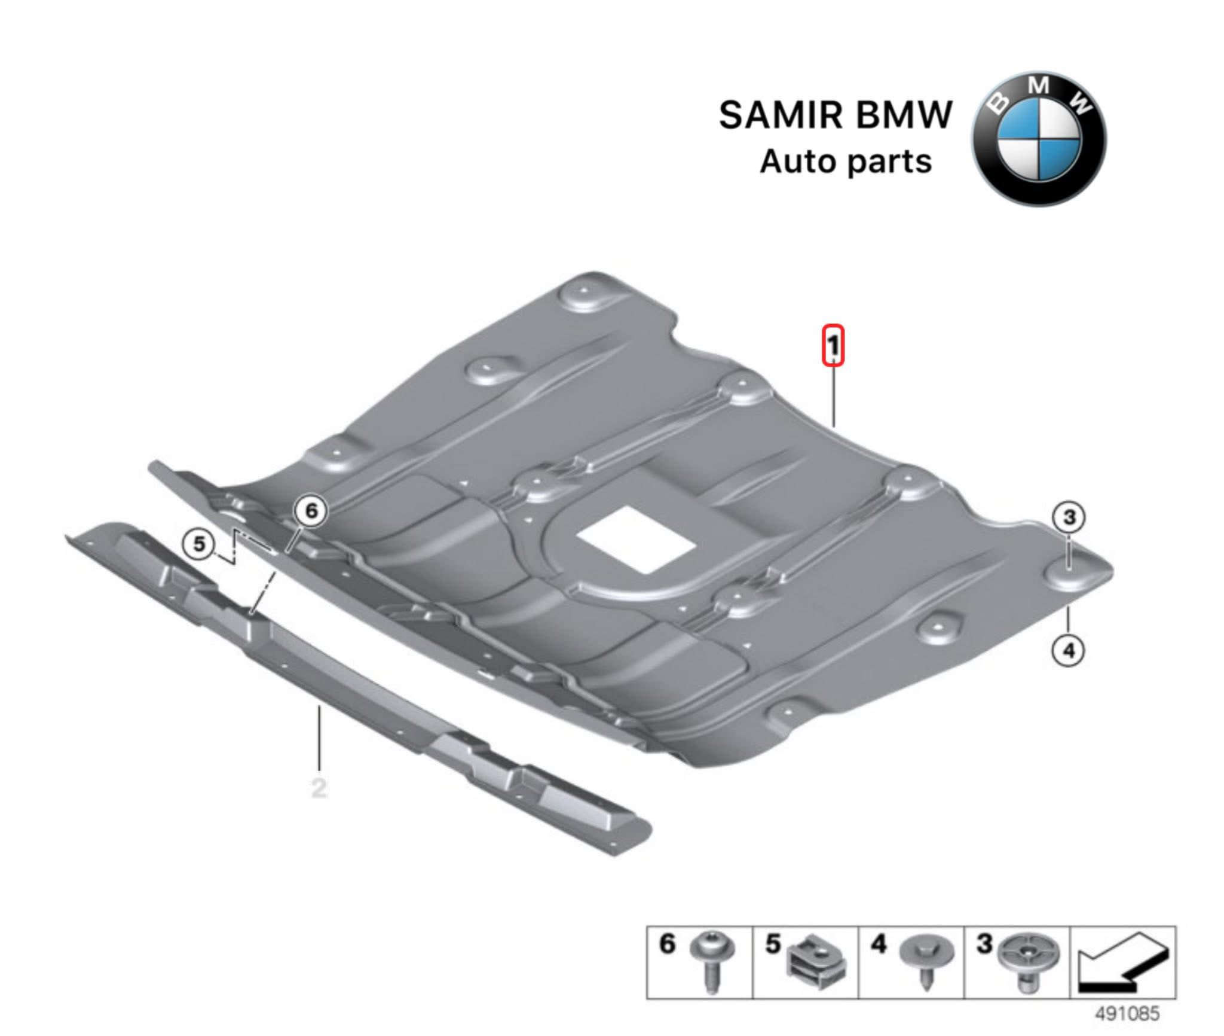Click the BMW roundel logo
point(1039,139)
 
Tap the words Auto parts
point(846,162)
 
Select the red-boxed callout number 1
point(833,345)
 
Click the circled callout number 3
point(1069,517)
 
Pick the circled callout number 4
point(1069,650)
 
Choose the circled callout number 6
point(311,511)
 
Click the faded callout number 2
point(319,788)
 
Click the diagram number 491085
point(1127,1013)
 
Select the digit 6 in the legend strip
point(667,944)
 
